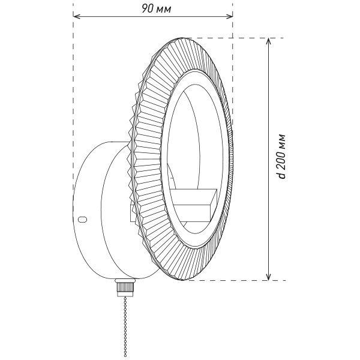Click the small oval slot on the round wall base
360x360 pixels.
point(83,219)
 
